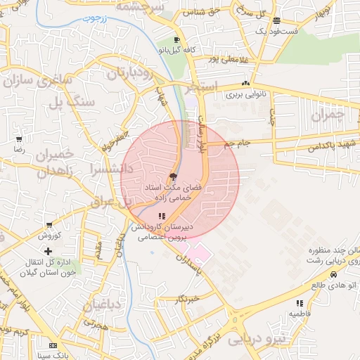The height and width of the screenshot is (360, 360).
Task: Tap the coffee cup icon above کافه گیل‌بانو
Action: coord(176,39)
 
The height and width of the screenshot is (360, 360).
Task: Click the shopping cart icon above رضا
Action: coord(18,139)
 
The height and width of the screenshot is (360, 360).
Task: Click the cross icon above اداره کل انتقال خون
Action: coord(48,251)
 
